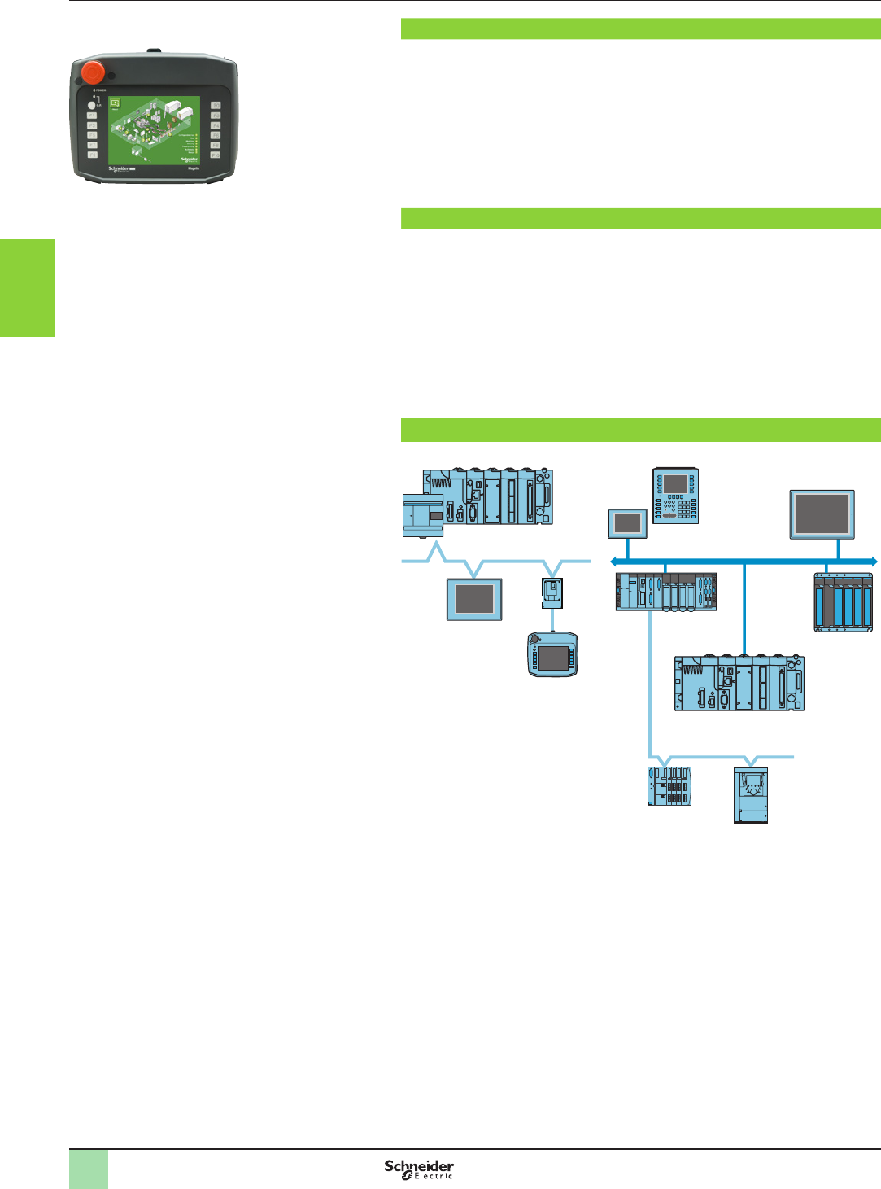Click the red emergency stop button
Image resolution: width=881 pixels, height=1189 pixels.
92,72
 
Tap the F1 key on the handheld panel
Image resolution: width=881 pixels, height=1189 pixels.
92,116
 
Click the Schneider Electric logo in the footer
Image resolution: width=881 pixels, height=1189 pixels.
419,1169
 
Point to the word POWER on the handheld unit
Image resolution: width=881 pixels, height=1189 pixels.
101,90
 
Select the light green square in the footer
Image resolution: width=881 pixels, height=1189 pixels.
88,1169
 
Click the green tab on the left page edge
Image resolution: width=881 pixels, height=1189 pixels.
27,287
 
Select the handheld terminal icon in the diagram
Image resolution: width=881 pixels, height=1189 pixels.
552,654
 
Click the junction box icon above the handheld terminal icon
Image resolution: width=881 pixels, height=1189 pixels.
552,592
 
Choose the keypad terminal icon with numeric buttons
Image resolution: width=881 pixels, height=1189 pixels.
676,495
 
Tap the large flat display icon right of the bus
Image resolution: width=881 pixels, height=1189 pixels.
822,514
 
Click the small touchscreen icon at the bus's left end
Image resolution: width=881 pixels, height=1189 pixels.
627,523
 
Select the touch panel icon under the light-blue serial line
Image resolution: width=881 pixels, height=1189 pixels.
474,599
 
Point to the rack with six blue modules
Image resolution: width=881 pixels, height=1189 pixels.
844,602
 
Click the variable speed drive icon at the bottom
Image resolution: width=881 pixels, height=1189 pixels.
751,795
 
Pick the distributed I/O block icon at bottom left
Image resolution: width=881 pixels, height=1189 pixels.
669,786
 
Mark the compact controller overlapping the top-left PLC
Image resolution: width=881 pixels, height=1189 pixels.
423,514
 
